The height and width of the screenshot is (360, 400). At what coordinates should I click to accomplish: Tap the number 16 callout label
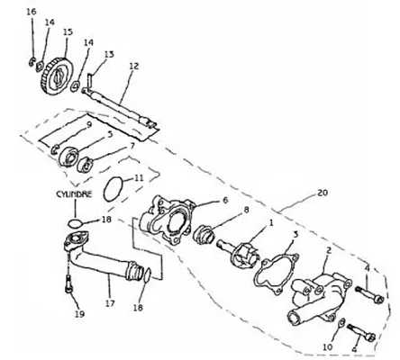[x=32, y=12]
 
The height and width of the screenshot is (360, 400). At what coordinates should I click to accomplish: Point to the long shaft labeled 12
[x=119, y=107]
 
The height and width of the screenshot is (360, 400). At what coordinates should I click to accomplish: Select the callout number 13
[x=109, y=54]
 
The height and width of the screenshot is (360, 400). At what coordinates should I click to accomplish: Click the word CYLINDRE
[x=74, y=194]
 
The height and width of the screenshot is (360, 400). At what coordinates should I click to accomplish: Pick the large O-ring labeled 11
[x=114, y=189]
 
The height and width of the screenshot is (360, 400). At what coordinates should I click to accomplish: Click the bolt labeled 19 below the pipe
[x=68, y=283]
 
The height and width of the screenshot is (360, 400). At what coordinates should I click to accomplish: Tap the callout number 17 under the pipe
[x=110, y=303]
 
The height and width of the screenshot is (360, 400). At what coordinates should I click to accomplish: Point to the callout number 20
[x=322, y=193]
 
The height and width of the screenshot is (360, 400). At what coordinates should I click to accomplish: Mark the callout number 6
[x=226, y=200]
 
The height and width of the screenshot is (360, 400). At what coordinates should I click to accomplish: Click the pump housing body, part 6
[x=167, y=220]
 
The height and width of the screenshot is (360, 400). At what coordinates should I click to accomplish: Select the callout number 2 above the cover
[x=329, y=250]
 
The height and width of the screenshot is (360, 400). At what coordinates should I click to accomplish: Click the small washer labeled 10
[x=341, y=324]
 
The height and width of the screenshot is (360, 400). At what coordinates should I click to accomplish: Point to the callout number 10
[x=328, y=347]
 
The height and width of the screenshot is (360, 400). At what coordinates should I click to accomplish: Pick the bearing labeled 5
[x=68, y=156]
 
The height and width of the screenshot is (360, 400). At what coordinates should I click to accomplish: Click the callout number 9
[x=88, y=124]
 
